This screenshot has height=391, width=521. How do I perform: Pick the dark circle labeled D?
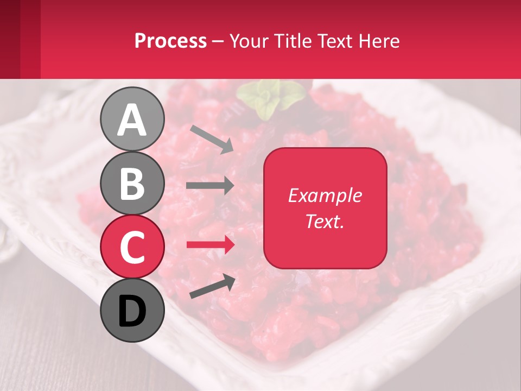coord(132,310)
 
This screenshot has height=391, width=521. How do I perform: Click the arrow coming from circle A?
coord(212,139)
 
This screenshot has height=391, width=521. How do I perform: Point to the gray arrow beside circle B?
coord(210,186)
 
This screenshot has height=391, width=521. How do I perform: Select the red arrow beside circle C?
coord(210,245)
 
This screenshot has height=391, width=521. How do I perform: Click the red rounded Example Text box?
coord(325,208)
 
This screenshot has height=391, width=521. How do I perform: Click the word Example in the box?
coord(325,195)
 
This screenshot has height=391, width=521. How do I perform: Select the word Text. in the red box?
coord(325,221)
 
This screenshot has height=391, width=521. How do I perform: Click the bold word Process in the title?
coord(170,41)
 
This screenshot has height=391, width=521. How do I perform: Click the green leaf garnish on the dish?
coord(270,98)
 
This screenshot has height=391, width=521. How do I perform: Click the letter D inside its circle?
coord(132,311)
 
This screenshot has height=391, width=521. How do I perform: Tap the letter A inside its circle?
coord(132,120)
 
